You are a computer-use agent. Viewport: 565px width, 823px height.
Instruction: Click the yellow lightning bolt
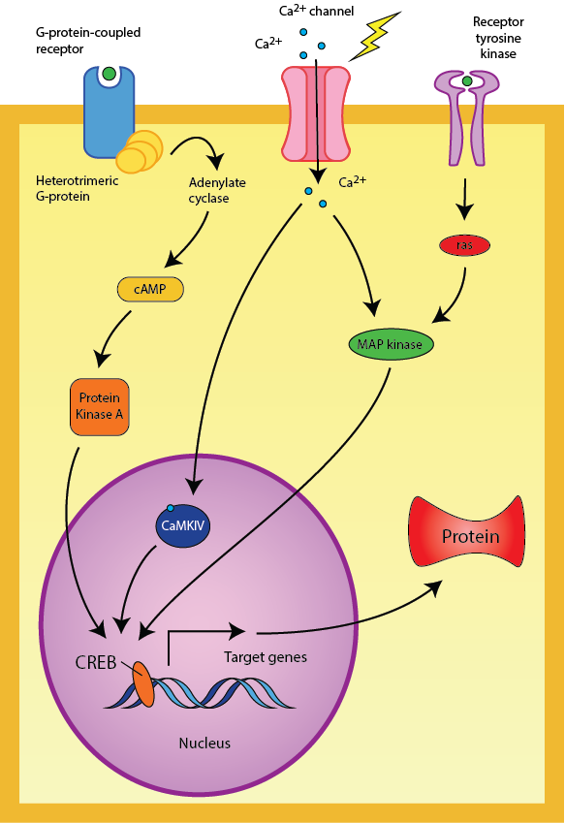click(376, 35)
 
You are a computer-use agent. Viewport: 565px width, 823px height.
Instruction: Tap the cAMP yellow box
click(150, 289)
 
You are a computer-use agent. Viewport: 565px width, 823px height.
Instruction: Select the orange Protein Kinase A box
click(99, 406)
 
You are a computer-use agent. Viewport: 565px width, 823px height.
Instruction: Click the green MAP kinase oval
click(391, 343)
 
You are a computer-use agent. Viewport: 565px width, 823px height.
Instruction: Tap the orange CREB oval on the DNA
click(142, 684)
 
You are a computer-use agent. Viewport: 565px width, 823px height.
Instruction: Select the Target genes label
click(266, 657)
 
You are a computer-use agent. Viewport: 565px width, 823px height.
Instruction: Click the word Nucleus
click(204, 744)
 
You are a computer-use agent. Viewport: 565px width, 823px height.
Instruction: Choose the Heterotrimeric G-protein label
click(73, 187)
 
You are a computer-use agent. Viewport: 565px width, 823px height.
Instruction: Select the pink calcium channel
click(315, 112)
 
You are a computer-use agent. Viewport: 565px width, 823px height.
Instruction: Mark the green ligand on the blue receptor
click(110, 73)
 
